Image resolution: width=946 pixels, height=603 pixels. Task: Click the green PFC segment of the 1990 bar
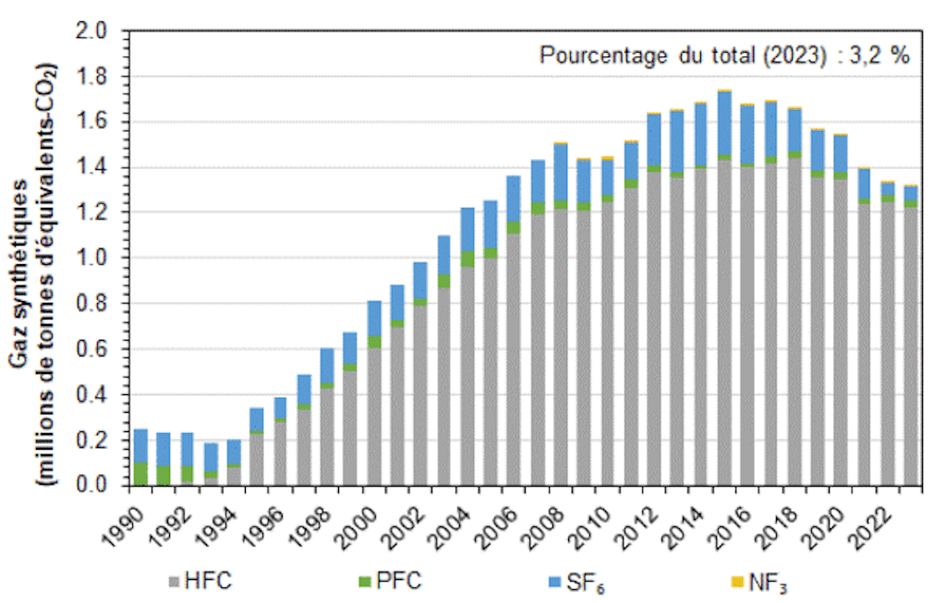click(x=141, y=473)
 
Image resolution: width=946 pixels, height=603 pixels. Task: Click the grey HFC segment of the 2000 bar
click(x=374, y=416)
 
